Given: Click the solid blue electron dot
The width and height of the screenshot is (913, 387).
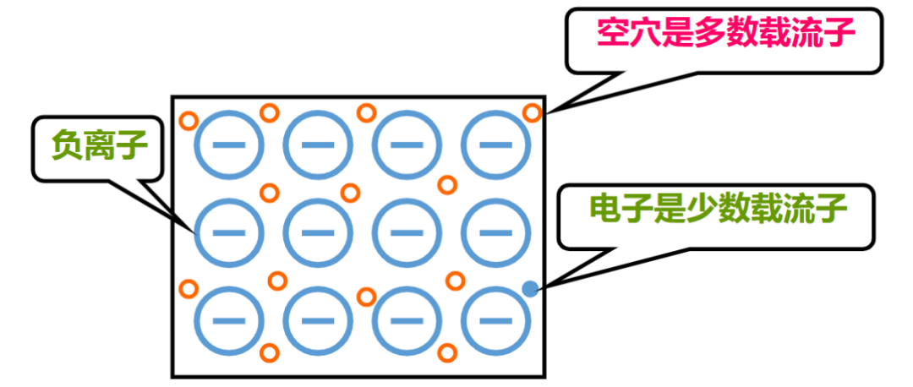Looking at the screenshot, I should tap(530, 289).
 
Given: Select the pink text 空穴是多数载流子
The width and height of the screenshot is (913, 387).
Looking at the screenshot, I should tap(726, 35).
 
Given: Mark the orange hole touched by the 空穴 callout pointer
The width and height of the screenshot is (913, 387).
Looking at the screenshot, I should tap(532, 113).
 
